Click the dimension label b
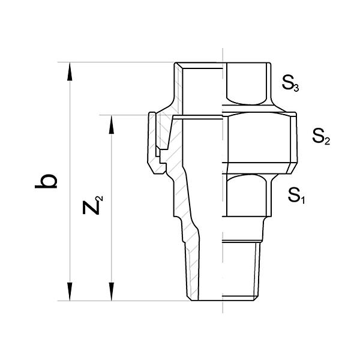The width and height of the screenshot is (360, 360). [46, 182]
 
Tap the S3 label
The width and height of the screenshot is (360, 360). [290, 83]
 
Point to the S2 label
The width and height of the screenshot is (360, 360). [321, 136]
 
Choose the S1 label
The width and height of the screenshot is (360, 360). [296, 195]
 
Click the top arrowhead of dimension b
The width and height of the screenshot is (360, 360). [70, 71]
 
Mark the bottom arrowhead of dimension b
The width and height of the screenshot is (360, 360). [70, 292]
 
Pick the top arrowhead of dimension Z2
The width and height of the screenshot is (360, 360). [112, 124]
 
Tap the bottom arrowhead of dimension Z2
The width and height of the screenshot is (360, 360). [112, 292]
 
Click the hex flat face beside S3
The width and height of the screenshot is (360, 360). [247, 84]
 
